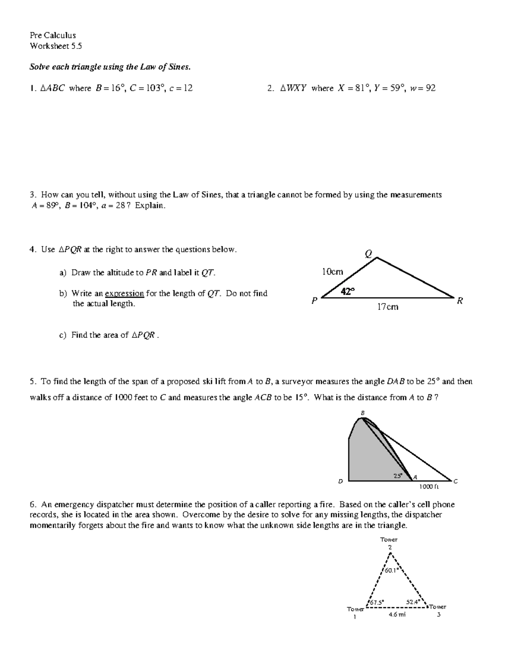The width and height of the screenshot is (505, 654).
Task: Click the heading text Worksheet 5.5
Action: pyautogui.click(x=56, y=46)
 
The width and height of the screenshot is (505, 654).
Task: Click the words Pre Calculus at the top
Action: pyautogui.click(x=53, y=35)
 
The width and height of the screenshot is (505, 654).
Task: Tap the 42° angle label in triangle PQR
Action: pyautogui.click(x=348, y=291)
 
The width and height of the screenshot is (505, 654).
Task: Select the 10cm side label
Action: pyautogui.click(x=332, y=272)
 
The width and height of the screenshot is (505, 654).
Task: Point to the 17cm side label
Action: pyautogui.click(x=387, y=307)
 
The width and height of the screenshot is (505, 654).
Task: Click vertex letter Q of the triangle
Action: pyautogui.click(x=369, y=253)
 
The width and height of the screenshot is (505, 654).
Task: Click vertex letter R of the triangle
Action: pyautogui.click(x=460, y=301)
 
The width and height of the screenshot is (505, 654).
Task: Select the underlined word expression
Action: pyautogui.click(x=124, y=293)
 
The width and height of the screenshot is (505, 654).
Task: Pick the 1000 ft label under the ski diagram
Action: pyautogui.click(x=429, y=487)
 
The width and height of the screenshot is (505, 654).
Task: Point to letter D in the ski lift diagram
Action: pyautogui.click(x=340, y=480)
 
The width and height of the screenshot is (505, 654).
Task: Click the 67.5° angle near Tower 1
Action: pyautogui.click(x=377, y=602)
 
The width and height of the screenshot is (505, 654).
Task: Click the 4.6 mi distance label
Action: pyautogui.click(x=397, y=614)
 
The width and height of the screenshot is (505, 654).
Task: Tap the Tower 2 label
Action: pyautogui.click(x=389, y=543)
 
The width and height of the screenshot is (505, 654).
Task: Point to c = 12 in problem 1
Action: pyautogui.click(x=181, y=88)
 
